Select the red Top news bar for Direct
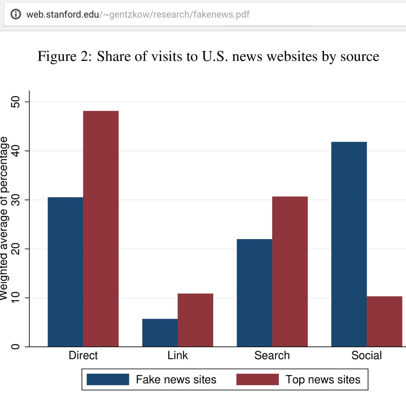point(101,229)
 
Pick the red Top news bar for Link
point(195,320)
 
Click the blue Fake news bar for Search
point(254,293)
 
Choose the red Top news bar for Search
point(290,272)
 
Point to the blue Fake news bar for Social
point(349,244)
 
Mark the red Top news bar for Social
point(384,321)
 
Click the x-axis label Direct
point(83,355)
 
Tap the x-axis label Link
point(178,355)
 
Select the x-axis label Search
point(272,355)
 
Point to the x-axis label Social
point(366,355)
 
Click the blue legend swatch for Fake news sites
point(108,379)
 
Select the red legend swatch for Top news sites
point(257,379)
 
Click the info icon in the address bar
point(16,14)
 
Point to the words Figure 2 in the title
point(64,56)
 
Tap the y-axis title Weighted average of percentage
point(4,218)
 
